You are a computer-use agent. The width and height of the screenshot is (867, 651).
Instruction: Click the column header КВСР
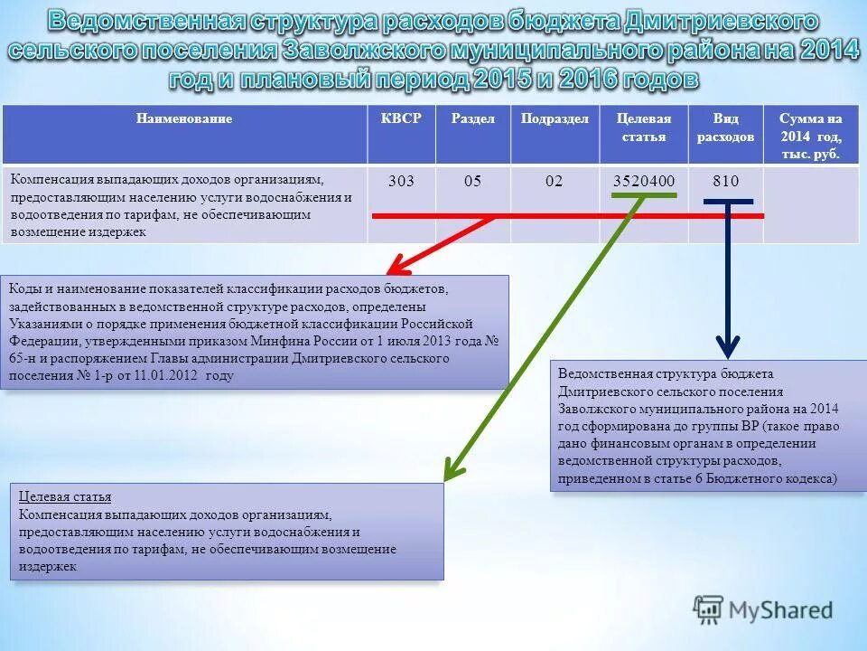click(x=401, y=118)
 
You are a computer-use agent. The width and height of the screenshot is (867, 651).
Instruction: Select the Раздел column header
click(x=472, y=118)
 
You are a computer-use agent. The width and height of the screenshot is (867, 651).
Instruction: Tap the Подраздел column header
click(x=555, y=118)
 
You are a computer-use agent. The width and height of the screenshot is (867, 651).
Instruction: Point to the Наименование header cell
click(x=184, y=118)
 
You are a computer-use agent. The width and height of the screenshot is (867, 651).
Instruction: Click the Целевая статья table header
click(x=643, y=127)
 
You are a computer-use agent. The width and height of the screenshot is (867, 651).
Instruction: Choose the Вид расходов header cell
click(x=725, y=127)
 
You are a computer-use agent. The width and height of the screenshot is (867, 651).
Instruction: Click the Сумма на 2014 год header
click(x=810, y=136)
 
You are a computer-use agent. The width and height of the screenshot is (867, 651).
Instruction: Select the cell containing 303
click(x=401, y=181)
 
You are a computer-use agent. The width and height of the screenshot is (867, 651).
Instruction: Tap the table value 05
click(x=472, y=181)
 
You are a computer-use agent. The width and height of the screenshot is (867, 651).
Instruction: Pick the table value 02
click(x=554, y=181)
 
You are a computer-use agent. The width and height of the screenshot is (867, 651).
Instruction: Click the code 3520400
click(x=644, y=181)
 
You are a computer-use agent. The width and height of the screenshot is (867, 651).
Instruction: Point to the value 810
click(x=725, y=181)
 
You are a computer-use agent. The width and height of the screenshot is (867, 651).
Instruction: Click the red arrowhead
click(x=396, y=267)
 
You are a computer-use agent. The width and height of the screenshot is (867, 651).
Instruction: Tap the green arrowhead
click(x=452, y=471)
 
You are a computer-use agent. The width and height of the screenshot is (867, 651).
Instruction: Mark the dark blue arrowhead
click(x=728, y=347)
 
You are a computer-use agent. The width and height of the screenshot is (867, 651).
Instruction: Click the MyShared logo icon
click(x=708, y=609)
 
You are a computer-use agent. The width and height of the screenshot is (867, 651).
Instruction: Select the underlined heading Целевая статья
click(x=65, y=497)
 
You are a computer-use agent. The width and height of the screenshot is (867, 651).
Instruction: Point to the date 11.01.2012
click(x=168, y=375)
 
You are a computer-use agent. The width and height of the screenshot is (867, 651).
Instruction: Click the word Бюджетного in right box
click(x=736, y=478)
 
